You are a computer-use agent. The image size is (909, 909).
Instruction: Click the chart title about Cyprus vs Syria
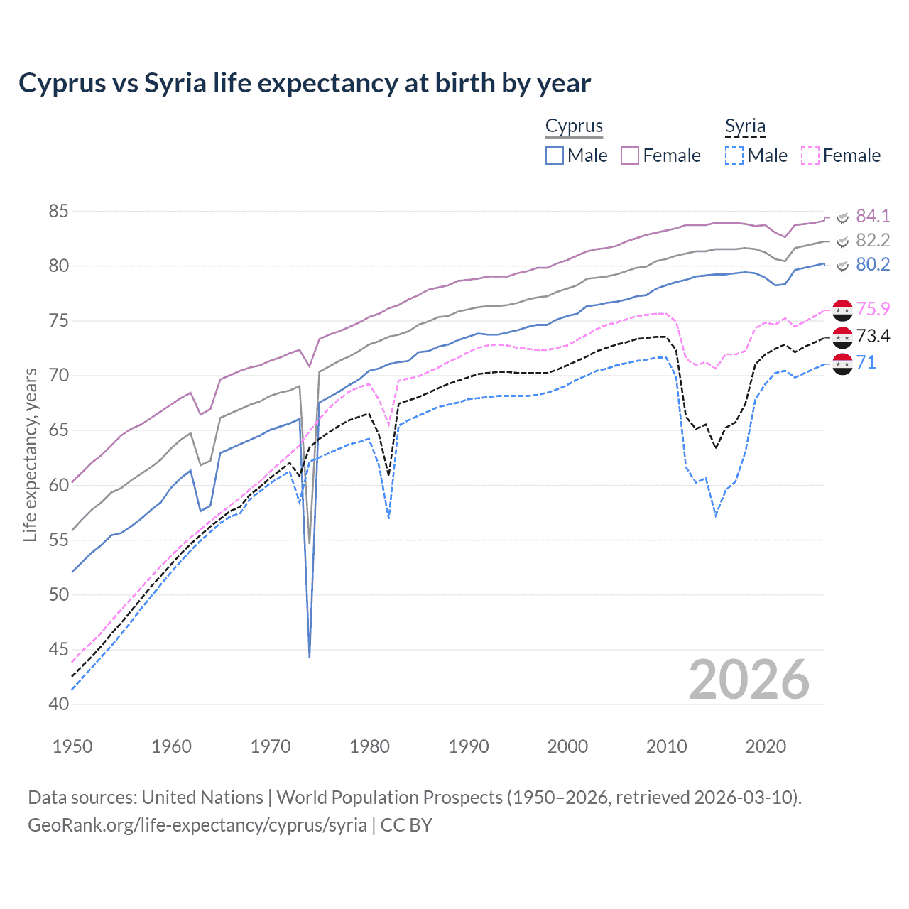305,83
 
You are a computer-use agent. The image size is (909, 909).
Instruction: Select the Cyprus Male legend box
555,156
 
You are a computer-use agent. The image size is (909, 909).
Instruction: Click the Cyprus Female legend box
630,156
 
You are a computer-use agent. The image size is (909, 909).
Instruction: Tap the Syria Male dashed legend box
734,156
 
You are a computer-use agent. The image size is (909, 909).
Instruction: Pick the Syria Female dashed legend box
810,156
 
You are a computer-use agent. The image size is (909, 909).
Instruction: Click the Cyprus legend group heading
574,126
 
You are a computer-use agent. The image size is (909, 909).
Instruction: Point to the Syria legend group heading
745,126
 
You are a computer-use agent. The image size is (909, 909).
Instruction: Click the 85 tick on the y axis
59,211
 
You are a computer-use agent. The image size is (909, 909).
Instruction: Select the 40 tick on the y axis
59,704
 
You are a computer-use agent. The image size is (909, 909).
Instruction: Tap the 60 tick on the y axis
59,485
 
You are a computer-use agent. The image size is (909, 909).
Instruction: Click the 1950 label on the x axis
72,746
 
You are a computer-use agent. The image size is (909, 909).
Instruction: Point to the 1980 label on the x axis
369,746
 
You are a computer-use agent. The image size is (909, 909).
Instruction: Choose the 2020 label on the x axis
766,746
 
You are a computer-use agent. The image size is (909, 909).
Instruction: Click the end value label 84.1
873,216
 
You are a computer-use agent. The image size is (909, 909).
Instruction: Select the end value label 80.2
873,265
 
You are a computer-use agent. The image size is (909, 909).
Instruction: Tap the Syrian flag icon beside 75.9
842,310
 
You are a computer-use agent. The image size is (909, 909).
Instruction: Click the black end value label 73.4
873,336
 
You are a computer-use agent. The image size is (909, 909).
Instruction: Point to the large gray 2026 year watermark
749,680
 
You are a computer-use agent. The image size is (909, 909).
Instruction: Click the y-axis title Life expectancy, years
30,454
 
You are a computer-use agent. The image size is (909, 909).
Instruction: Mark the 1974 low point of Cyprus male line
310,657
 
